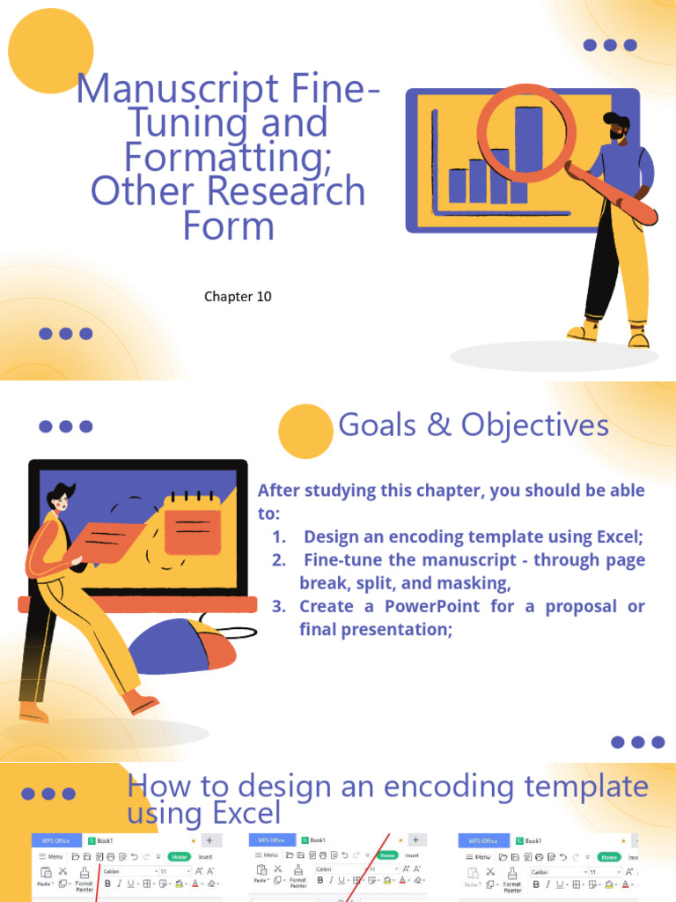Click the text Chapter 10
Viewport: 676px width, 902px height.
point(238,297)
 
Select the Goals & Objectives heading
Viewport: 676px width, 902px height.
point(474,425)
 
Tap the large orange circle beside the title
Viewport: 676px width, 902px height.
point(51,50)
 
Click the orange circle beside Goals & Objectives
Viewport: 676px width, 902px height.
point(305,432)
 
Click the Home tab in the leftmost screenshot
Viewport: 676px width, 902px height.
point(180,856)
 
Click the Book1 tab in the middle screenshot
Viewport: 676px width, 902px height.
point(317,840)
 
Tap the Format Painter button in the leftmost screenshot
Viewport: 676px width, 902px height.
point(84,884)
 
